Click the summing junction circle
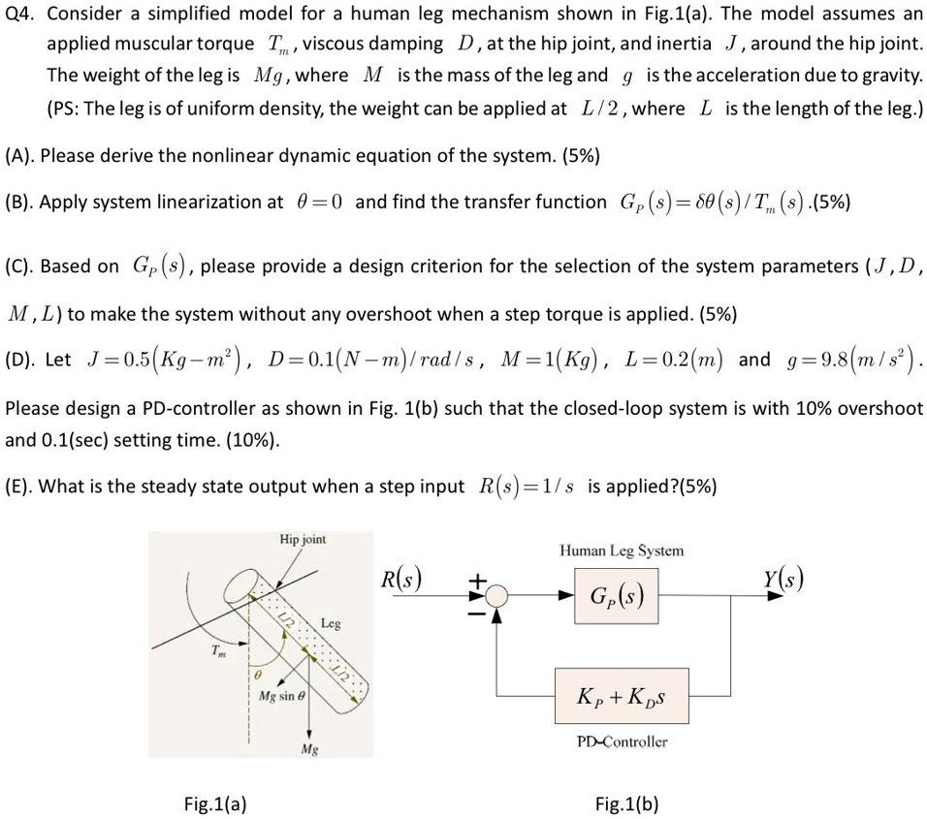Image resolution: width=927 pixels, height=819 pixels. [496, 595]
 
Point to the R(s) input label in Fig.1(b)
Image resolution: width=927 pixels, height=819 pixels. [401, 581]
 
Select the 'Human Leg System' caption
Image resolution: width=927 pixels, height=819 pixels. [621, 551]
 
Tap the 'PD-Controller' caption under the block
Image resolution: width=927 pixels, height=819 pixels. [621, 741]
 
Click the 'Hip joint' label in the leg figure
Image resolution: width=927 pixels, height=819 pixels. [303, 539]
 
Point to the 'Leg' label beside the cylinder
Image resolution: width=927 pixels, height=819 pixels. [331, 624]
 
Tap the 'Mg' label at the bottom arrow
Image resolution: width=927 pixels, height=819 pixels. [309, 749]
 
